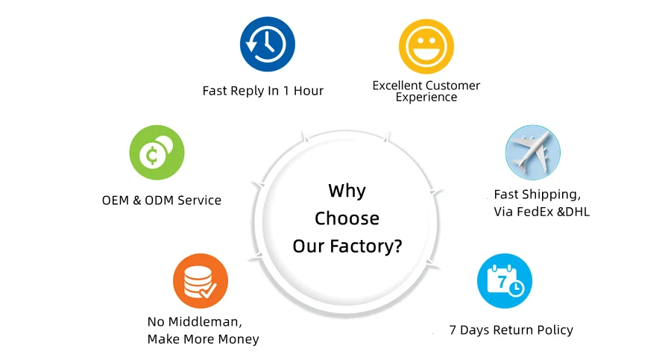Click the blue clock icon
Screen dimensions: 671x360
tap(267, 44)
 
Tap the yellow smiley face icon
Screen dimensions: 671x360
tap(426, 45)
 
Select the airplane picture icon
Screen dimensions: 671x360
tap(532, 152)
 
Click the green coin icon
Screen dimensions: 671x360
tap(157, 154)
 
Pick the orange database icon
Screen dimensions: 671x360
tap(200, 280)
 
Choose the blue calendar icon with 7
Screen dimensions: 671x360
tap(505, 281)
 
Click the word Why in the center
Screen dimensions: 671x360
tap(347, 191)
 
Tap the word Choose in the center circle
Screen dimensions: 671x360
tap(347, 218)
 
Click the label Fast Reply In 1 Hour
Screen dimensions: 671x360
tap(262, 91)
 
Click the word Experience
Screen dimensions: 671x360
tap(426, 98)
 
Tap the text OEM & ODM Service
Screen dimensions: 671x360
tap(161, 200)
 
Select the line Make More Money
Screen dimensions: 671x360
tap(203, 339)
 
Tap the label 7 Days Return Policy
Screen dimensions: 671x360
tap(511, 329)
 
